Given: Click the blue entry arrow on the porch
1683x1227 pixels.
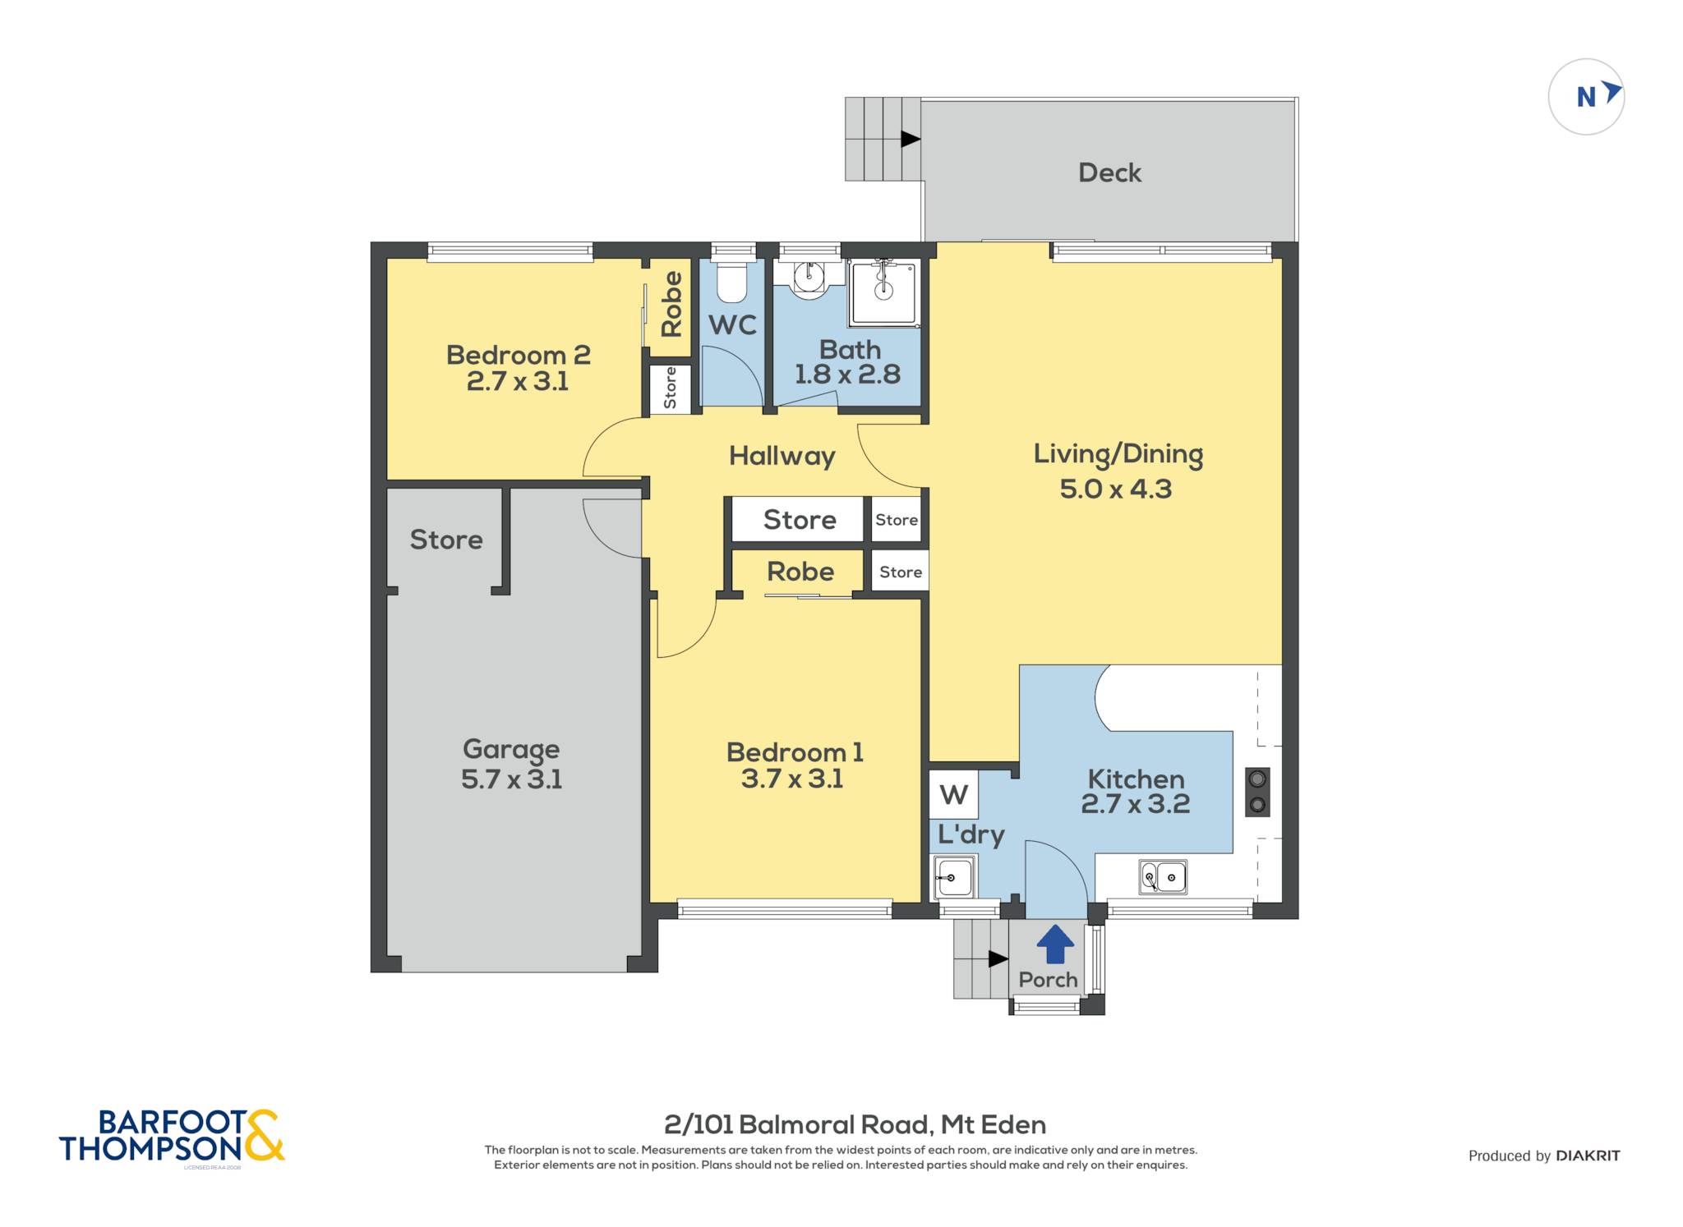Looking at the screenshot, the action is [x=1055, y=944].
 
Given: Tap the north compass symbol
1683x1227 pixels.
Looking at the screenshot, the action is [x=1586, y=97].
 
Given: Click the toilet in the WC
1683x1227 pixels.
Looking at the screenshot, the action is [x=731, y=282].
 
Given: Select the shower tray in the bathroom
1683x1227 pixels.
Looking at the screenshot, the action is [x=884, y=292].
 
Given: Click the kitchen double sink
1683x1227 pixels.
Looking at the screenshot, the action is [x=1163, y=877].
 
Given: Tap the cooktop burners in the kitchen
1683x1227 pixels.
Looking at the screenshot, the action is [x=1257, y=792].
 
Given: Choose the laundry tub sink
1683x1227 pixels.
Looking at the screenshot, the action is [x=954, y=877].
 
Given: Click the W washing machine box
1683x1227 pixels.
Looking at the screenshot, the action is [x=953, y=794].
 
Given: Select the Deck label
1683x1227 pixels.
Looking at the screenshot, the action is [x=1109, y=172].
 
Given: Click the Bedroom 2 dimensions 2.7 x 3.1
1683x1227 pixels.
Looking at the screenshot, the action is [x=518, y=381].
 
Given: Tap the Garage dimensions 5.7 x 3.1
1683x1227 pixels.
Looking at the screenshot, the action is [x=511, y=779].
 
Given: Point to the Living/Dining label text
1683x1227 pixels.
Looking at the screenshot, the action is [x=1118, y=455].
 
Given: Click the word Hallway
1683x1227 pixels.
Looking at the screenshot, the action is [x=782, y=457].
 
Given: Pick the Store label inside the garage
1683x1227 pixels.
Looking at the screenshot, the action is [x=446, y=540].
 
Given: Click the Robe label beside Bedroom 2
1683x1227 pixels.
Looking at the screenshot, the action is [x=671, y=304].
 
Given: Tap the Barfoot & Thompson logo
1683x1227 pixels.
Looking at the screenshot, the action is [x=172, y=1136].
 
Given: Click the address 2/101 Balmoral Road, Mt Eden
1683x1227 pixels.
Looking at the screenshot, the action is [x=855, y=1124].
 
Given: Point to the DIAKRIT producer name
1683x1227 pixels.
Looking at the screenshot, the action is [x=1588, y=1156].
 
